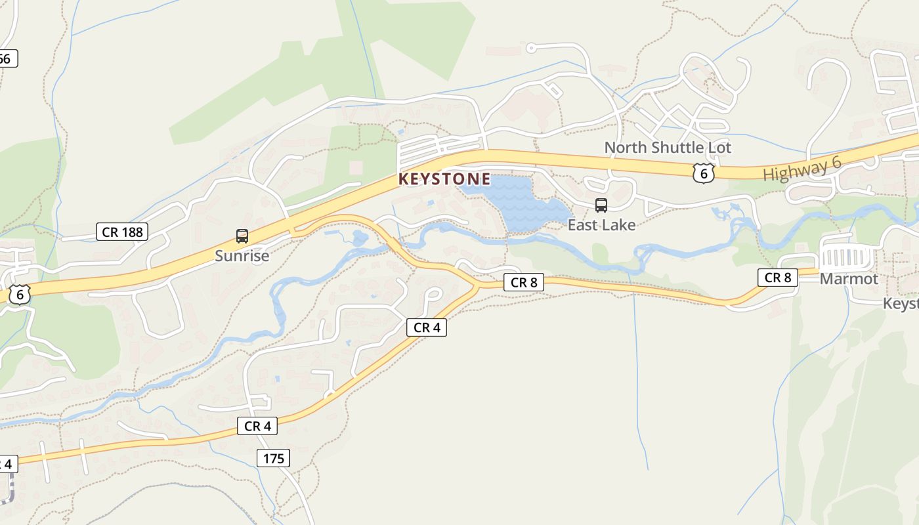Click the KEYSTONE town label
coord(444,179)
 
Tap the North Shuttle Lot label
coord(667,148)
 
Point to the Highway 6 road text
coord(802,171)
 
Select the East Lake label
coord(601,225)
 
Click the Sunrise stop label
coord(242,256)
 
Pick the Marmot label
coord(849,279)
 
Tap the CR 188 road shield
coord(122,232)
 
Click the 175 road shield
coord(273,458)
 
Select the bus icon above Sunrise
coord(242,236)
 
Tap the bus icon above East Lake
coord(601,205)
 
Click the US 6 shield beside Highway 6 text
coord(703,173)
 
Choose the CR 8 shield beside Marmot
coord(778,278)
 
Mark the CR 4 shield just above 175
coord(257,426)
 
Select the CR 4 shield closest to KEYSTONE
coord(427,327)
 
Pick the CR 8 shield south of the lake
coord(524,282)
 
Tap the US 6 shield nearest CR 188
coord(20,295)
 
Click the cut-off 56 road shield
coord(6,59)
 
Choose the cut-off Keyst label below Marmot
coord(901,304)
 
